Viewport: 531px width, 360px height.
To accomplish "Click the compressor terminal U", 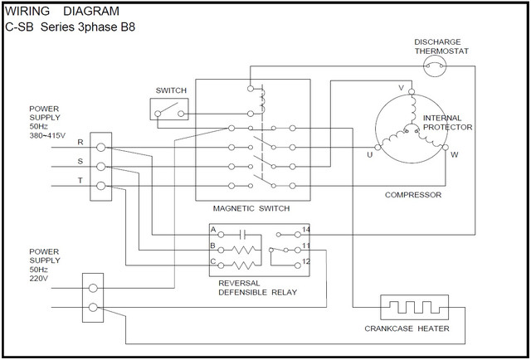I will click(378, 148).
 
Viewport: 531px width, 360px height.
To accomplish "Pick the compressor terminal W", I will click(444, 148).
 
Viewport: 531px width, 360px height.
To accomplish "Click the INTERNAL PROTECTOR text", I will click(447, 123).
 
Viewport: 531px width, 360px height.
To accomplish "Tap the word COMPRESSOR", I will click(412, 195).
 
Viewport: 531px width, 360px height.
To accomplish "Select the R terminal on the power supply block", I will click(101, 148).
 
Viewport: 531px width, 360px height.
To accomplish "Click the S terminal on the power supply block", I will click(101, 167).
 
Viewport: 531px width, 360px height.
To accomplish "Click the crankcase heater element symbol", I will click(414, 308).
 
